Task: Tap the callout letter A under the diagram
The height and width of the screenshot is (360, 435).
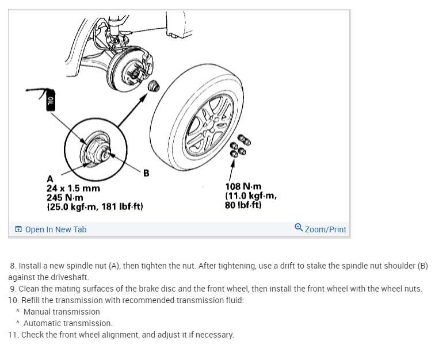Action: [x=49, y=178]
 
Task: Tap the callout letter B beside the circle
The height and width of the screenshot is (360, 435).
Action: [x=146, y=173]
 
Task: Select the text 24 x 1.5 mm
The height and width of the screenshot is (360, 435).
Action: [x=73, y=188]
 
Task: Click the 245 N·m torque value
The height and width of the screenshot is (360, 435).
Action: [x=65, y=197]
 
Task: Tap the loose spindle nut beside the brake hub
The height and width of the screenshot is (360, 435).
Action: [x=153, y=86]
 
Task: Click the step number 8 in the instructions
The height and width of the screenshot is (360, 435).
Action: [x=13, y=266]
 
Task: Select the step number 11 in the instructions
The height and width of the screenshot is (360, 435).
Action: [x=13, y=335]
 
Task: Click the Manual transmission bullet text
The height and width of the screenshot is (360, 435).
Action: [x=62, y=312]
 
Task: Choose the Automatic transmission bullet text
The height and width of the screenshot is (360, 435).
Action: [x=68, y=323]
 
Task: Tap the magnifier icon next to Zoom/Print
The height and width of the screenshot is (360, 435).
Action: [x=298, y=228]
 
